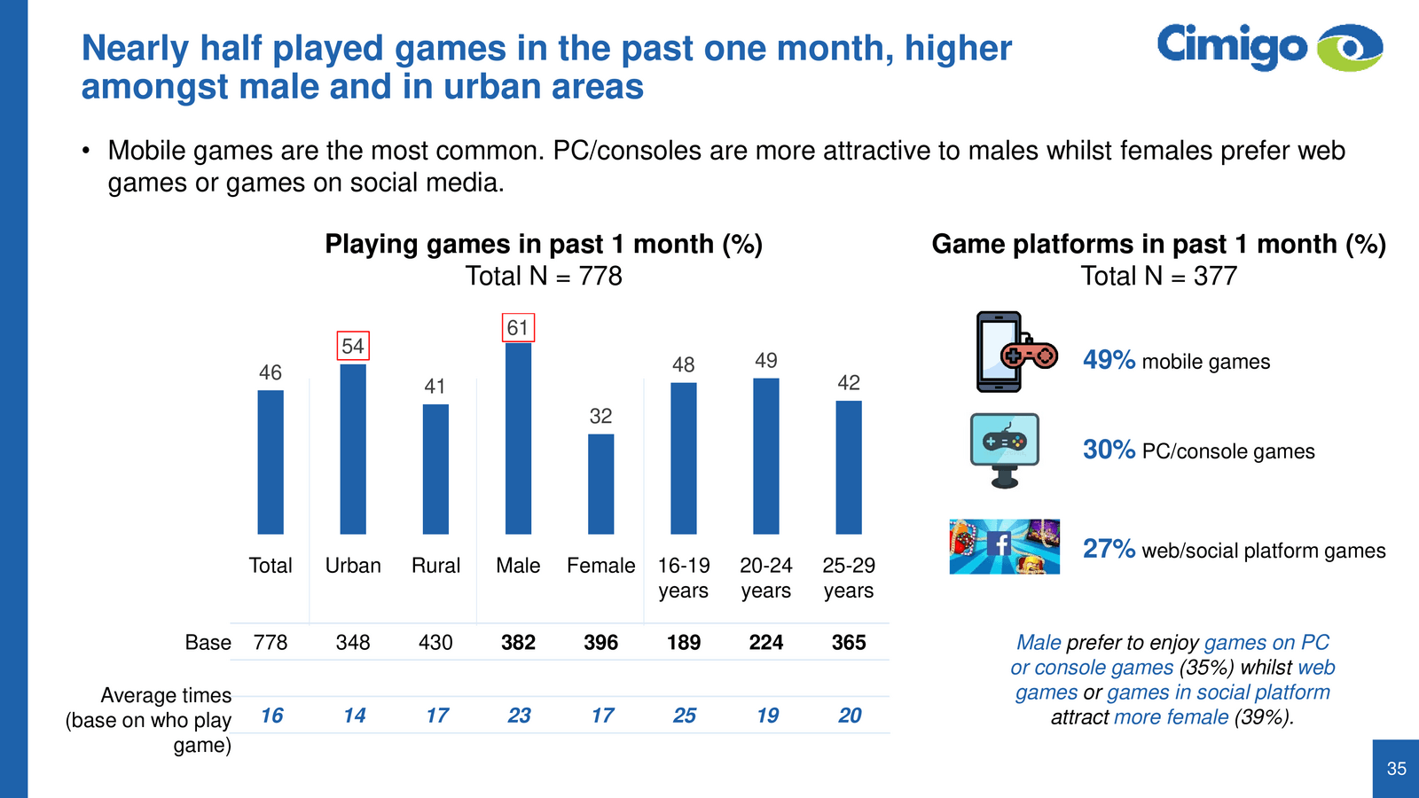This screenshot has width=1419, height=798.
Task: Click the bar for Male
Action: pos(518,439)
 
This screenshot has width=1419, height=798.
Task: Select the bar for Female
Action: pos(600,484)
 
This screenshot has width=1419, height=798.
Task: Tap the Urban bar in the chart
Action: pos(353,450)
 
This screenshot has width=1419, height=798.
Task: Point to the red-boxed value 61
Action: pos(518,328)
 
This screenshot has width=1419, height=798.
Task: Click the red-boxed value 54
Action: pos(353,346)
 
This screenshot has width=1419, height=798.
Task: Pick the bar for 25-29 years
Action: pos(849,467)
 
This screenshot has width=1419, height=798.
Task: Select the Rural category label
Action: pos(435,566)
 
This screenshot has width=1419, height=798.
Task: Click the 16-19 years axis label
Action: pos(684,578)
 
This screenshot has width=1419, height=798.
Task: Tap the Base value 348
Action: pos(353,642)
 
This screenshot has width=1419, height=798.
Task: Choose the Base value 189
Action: pos(684,642)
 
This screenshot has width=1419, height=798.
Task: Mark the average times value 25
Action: pos(684,716)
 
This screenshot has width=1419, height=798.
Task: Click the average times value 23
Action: pos(519,716)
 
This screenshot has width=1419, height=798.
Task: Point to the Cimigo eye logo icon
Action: pos(1350,47)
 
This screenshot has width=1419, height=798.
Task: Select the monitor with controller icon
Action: pos(1005,450)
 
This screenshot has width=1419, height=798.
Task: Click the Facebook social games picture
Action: pos(1004,546)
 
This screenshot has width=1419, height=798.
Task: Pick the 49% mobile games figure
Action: pos(1109,360)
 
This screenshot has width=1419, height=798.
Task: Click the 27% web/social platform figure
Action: pos(1109,549)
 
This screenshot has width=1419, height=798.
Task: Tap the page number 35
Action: pos(1396,769)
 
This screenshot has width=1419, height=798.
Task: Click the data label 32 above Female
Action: pos(600,416)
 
